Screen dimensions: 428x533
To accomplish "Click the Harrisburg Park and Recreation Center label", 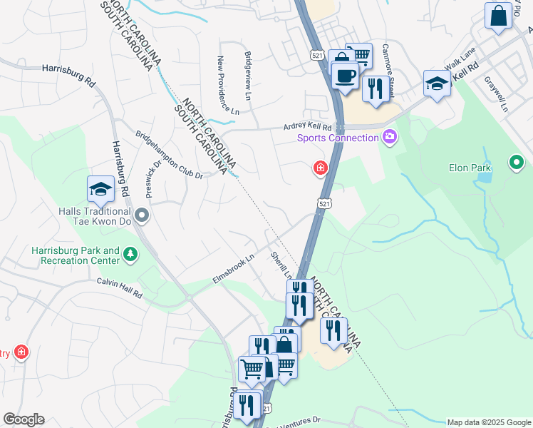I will (x=75, y=255).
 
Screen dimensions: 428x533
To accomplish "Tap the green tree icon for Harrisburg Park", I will (x=130, y=254).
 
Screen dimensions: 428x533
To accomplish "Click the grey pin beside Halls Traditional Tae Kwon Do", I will (x=142, y=214).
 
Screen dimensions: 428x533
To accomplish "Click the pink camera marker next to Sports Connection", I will (x=389, y=136).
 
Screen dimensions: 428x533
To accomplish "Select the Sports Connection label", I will (x=338, y=138).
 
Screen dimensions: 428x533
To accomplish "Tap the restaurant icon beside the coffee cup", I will (x=374, y=88).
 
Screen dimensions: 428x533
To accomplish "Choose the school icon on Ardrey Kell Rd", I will (x=437, y=83).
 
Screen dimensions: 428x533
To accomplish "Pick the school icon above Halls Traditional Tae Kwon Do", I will (x=100, y=189).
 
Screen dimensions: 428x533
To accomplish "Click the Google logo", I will (x=24, y=419).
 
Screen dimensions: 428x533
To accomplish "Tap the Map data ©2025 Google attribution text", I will (x=488, y=422).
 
